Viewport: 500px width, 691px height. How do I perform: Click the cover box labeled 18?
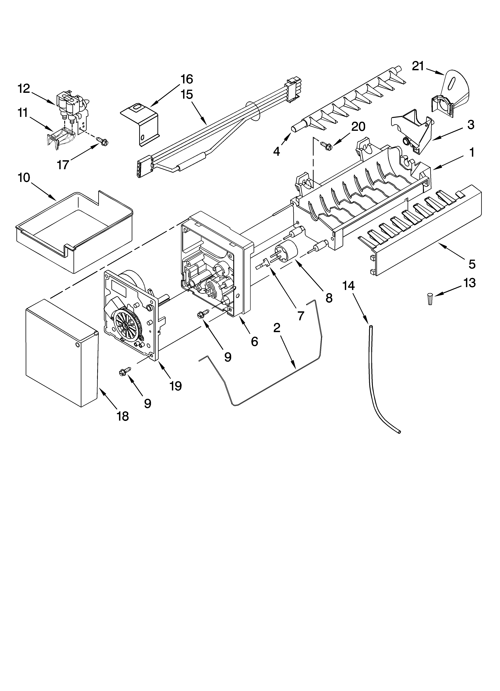point(61,353)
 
